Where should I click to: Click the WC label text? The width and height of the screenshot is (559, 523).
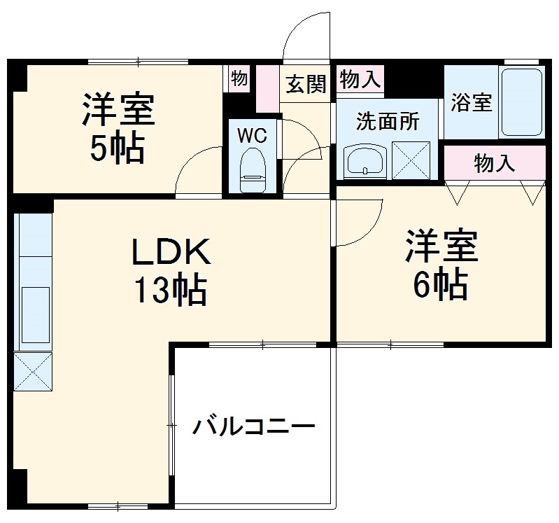point(252,136)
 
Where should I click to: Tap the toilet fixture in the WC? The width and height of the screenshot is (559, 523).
point(252,172)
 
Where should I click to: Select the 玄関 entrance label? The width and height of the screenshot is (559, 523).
point(306,85)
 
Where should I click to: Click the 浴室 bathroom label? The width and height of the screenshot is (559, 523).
point(471,102)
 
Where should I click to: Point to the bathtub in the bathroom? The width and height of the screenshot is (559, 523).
point(522,102)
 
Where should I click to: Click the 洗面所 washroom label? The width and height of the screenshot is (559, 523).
point(388,121)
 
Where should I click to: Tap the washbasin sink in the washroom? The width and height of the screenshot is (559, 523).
point(365,162)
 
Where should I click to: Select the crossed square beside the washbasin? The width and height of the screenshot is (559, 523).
point(411,160)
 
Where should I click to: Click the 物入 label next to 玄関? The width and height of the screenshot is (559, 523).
point(360,80)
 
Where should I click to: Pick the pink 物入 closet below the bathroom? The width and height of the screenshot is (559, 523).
point(495,164)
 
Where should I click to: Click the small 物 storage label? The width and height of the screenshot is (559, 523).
point(239,78)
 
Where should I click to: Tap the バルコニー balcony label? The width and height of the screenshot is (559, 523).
point(255,426)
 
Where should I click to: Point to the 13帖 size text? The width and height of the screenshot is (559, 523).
point(171,290)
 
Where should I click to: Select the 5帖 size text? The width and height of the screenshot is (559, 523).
point(117,147)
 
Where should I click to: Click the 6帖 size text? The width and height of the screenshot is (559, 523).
point(440,284)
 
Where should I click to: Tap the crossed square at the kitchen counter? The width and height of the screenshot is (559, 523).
point(33,372)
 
